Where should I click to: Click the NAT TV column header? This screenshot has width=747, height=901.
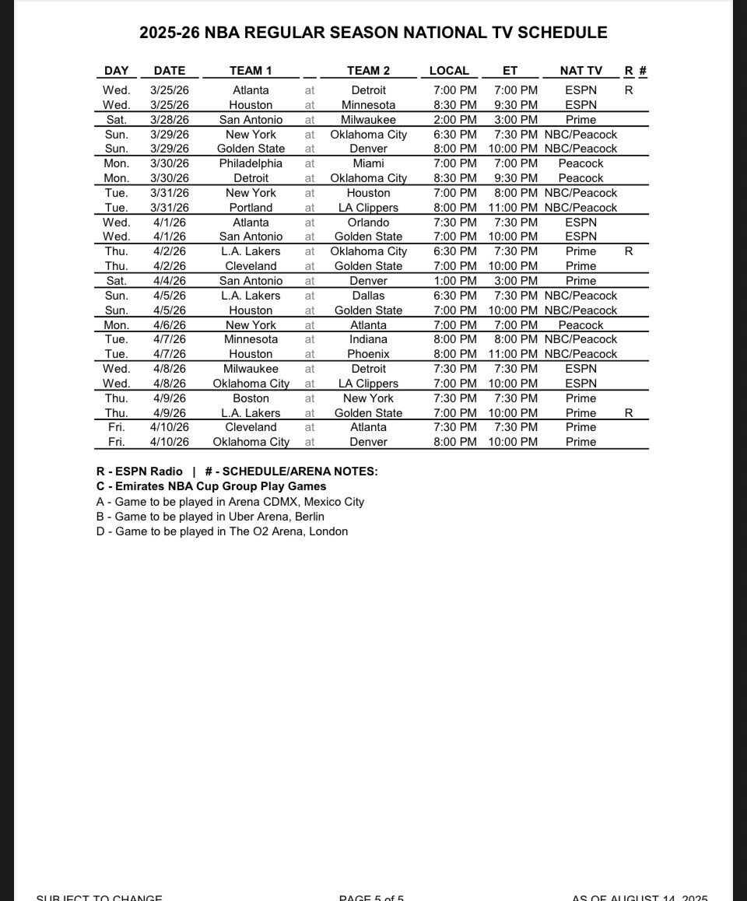click(580, 71)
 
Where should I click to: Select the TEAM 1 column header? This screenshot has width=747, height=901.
click(251, 71)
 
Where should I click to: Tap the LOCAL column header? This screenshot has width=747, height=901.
click(449, 71)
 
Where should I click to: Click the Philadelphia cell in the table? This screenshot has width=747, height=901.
click(251, 163)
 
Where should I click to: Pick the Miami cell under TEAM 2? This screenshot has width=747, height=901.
click(368, 163)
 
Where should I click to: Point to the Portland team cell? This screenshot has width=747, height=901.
click(251, 208)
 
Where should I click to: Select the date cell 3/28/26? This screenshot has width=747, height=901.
click(170, 120)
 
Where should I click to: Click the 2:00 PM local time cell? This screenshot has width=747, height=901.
click(454, 120)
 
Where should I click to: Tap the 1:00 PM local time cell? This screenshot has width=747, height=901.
click(454, 281)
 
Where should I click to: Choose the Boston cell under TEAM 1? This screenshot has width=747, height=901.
click(251, 398)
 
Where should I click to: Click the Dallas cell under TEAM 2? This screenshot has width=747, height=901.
click(368, 296)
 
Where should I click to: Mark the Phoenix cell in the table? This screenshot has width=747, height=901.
click(368, 354)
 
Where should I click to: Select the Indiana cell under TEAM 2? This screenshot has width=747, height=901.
click(368, 339)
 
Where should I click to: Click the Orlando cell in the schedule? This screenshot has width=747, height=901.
click(368, 223)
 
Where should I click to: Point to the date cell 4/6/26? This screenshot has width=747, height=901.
click(170, 325)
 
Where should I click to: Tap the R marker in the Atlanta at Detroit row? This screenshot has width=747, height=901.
click(629, 90)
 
